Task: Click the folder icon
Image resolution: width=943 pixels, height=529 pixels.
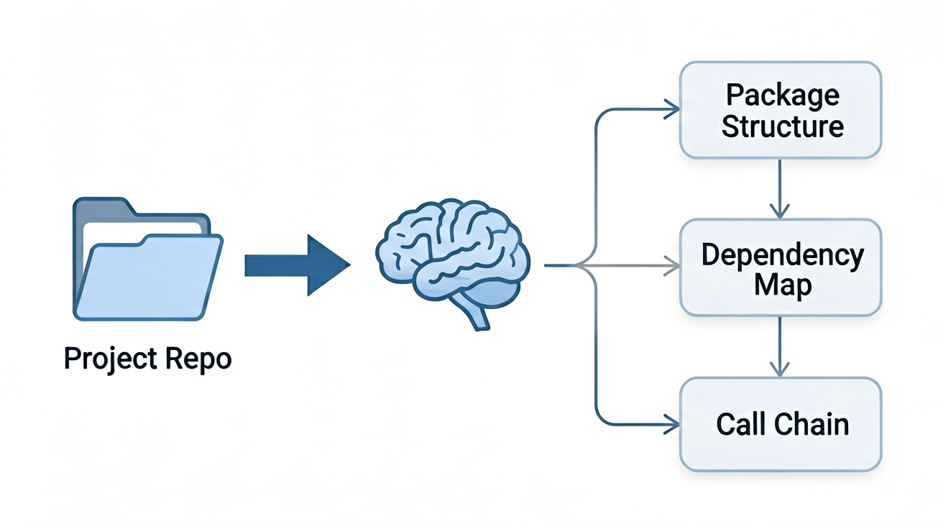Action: point(148,259)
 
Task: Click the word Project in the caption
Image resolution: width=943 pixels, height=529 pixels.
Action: point(111,359)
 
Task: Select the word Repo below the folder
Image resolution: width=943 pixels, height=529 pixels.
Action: point(198,359)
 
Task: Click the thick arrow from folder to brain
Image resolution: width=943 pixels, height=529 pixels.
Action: point(298,265)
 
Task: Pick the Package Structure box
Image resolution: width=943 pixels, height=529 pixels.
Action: point(781,110)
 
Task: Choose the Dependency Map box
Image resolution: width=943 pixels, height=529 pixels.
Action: point(781,267)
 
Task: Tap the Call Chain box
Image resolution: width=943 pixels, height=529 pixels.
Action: point(781,424)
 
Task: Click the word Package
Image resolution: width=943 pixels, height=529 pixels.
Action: point(783,96)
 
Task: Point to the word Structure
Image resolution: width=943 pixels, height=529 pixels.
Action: point(783,126)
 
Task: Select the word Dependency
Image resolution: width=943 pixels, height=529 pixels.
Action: point(783,256)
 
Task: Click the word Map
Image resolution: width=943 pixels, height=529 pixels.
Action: point(783,286)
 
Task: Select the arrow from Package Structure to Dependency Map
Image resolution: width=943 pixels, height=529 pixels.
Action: point(780,188)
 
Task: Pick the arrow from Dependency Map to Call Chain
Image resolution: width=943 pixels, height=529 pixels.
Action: point(780,346)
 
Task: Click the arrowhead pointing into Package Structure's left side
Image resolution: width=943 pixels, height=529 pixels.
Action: point(671,109)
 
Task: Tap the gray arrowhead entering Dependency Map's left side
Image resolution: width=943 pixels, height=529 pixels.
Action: point(671,265)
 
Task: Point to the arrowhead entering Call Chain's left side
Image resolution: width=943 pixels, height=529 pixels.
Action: point(671,424)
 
